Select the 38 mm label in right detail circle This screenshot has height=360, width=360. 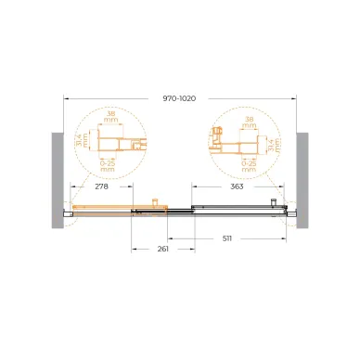pos(245,122)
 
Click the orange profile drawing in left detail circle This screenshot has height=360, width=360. pos(115,143)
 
